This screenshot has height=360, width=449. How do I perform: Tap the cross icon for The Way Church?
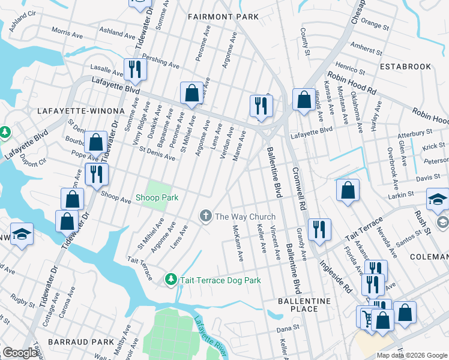206,216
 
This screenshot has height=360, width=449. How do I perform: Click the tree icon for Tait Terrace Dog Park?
171,280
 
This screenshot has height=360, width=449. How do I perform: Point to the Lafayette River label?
211,337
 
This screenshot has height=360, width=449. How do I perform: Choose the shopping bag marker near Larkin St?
348,191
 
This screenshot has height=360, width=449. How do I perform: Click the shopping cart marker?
366,316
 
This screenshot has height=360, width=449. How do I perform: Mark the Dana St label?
288,328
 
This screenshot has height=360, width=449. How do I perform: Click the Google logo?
20,353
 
